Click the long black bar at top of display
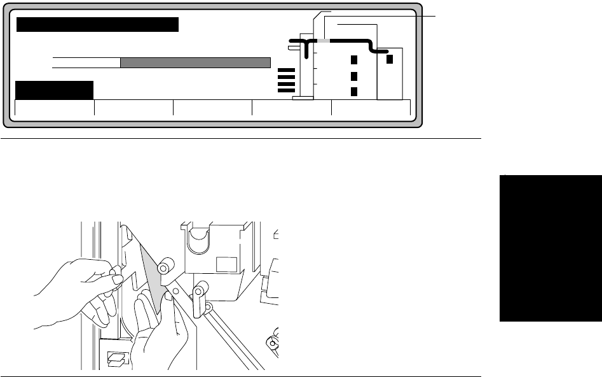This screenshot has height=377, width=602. point(97,25)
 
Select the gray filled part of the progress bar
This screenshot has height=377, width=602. point(195,62)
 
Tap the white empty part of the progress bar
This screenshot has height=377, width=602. point(86,62)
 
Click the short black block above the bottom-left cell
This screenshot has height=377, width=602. point(54,90)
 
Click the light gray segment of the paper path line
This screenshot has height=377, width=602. point(324,41)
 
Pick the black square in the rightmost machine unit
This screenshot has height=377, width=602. point(390,59)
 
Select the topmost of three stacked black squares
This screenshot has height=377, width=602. point(355,60)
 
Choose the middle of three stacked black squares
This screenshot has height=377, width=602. point(355,76)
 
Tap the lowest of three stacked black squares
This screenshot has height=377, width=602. point(355,91)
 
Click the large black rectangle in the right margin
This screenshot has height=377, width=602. point(550,248)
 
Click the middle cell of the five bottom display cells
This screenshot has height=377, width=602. point(212,109)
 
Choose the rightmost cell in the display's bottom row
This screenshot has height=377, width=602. point(371,109)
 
